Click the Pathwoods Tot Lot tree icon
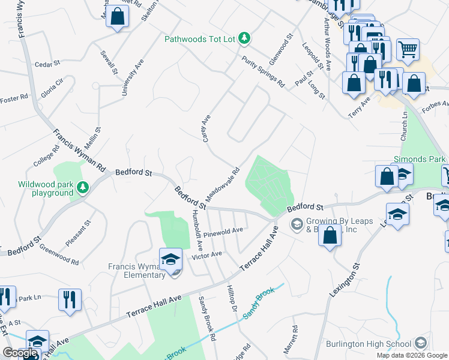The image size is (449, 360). point(244,38)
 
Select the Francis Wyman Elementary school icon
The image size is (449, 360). point(170,260)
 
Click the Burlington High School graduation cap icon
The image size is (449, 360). point(421,344)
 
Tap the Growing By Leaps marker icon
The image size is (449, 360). point(297,224)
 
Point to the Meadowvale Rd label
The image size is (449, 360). point(223,184)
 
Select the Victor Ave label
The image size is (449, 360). point(206,254)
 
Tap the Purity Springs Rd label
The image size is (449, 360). point(263,71)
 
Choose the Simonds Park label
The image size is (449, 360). point(420,160)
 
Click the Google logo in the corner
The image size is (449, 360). point(20,353)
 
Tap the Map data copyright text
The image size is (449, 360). point(411,355)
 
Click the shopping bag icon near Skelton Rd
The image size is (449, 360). point(118,16)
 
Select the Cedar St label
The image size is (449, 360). point(47,64)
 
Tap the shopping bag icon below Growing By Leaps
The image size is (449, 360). point(330,236)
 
